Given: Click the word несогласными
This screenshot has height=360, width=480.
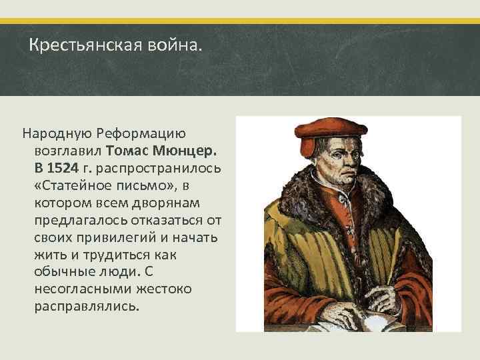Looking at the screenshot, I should tap(79, 289).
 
